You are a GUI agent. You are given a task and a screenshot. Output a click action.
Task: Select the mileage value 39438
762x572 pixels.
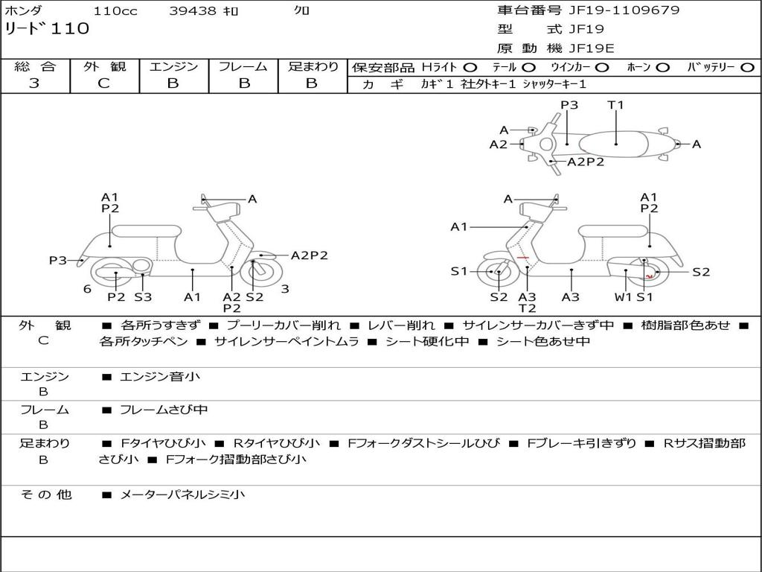[192, 11]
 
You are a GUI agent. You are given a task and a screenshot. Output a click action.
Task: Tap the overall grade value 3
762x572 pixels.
[34, 83]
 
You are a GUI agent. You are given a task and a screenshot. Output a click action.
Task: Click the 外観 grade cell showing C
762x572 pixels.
[103, 83]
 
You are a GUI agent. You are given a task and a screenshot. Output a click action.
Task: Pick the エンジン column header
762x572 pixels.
[173, 67]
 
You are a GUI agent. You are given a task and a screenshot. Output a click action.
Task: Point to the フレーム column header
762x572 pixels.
[243, 67]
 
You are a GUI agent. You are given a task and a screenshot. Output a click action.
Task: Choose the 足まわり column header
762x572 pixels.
[313, 67]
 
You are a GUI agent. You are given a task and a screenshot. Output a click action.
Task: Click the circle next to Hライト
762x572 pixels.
[470, 68]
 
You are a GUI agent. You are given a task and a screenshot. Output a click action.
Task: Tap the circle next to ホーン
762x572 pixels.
[662, 68]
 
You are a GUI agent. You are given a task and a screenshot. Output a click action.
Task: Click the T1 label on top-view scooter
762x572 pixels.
[615, 105]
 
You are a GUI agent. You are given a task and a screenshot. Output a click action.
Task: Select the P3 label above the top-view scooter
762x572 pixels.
[569, 105]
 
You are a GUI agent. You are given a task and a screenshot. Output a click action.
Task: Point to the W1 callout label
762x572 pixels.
[624, 297]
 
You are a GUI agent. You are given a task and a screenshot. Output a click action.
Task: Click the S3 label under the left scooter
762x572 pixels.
[143, 297]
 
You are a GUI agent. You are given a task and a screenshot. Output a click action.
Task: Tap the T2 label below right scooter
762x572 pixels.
[527, 308]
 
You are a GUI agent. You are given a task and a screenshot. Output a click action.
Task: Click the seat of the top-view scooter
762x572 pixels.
[615, 143]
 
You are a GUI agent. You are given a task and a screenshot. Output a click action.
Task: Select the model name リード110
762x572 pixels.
[47, 29]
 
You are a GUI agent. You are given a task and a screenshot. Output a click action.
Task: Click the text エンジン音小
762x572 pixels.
[160, 377]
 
